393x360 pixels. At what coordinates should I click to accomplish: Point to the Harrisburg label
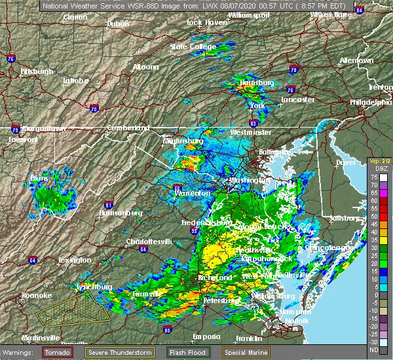pos(255,83)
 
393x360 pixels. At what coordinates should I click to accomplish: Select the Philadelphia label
pos(371,103)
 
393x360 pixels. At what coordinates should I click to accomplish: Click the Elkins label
pos(40,177)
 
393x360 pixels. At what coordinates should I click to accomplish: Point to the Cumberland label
pos(124,128)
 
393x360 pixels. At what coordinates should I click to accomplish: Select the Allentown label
pos(356,61)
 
